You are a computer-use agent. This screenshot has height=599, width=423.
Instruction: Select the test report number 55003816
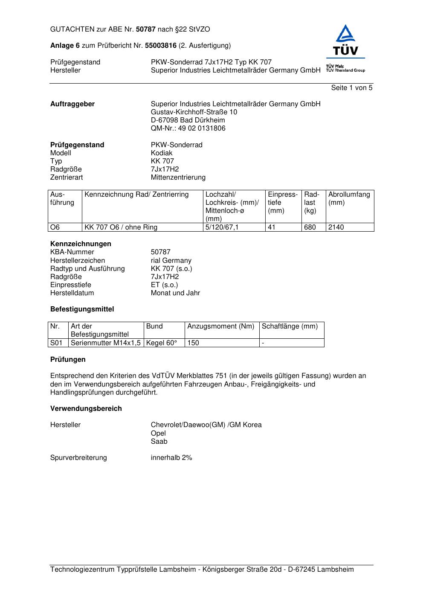[x=161, y=46]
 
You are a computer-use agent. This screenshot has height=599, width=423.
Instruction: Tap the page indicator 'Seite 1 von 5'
[x=351, y=88]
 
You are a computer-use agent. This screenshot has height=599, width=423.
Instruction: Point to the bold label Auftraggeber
[x=72, y=104]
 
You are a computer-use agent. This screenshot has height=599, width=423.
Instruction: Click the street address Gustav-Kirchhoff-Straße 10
[x=194, y=112]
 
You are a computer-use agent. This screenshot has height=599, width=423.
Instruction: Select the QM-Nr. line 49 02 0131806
[x=188, y=128]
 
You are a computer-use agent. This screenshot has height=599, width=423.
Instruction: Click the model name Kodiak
[x=162, y=153]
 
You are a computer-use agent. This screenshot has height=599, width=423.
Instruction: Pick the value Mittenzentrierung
[x=178, y=177]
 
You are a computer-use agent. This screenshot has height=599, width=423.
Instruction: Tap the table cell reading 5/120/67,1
[x=222, y=227]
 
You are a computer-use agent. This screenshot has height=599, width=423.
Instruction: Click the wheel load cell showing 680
[x=310, y=227]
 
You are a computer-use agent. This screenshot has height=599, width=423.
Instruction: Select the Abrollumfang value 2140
[x=336, y=227]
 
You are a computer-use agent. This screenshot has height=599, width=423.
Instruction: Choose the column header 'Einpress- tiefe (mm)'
[x=283, y=203]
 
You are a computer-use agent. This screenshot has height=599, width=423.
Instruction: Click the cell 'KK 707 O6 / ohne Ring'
[x=121, y=227]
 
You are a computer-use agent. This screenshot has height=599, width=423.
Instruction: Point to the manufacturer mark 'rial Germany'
[x=171, y=261]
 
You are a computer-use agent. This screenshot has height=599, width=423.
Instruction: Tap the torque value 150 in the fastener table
[x=193, y=343]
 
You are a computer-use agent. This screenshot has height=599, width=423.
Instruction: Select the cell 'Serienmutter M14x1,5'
[x=106, y=343]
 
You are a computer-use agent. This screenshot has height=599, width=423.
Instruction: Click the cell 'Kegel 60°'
[x=162, y=343]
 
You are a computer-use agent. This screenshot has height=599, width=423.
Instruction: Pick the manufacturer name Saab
[x=159, y=442]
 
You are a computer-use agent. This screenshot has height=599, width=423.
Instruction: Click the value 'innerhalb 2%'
[x=171, y=458]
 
